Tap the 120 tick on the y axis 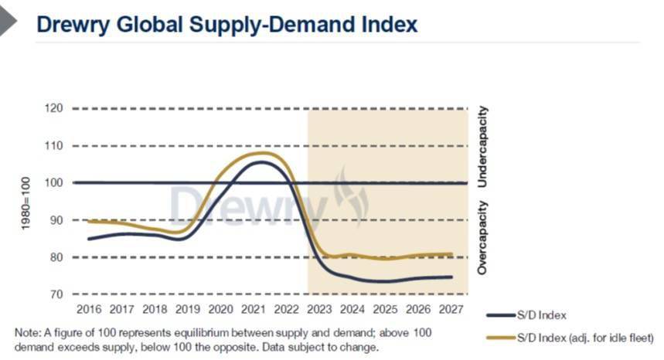click(x=54, y=108)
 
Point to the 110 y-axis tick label click(x=54, y=146)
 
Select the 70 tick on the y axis click(x=56, y=294)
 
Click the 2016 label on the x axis click(x=89, y=310)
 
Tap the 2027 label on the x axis click(x=451, y=310)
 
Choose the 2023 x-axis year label click(x=319, y=310)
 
